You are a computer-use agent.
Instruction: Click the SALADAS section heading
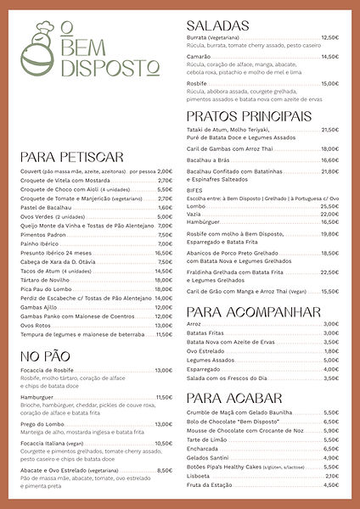pyautogui.click(x=218, y=25)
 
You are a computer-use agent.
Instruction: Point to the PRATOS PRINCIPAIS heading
pyautogui.click(x=249, y=115)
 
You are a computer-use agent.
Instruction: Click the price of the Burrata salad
pyautogui.click(x=329, y=38)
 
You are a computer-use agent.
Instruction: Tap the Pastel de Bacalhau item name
pyautogui.click(x=47, y=207)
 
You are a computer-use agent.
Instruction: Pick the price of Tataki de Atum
pyautogui.click(x=329, y=130)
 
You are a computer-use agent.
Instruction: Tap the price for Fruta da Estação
pyautogui.click(x=331, y=485)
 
